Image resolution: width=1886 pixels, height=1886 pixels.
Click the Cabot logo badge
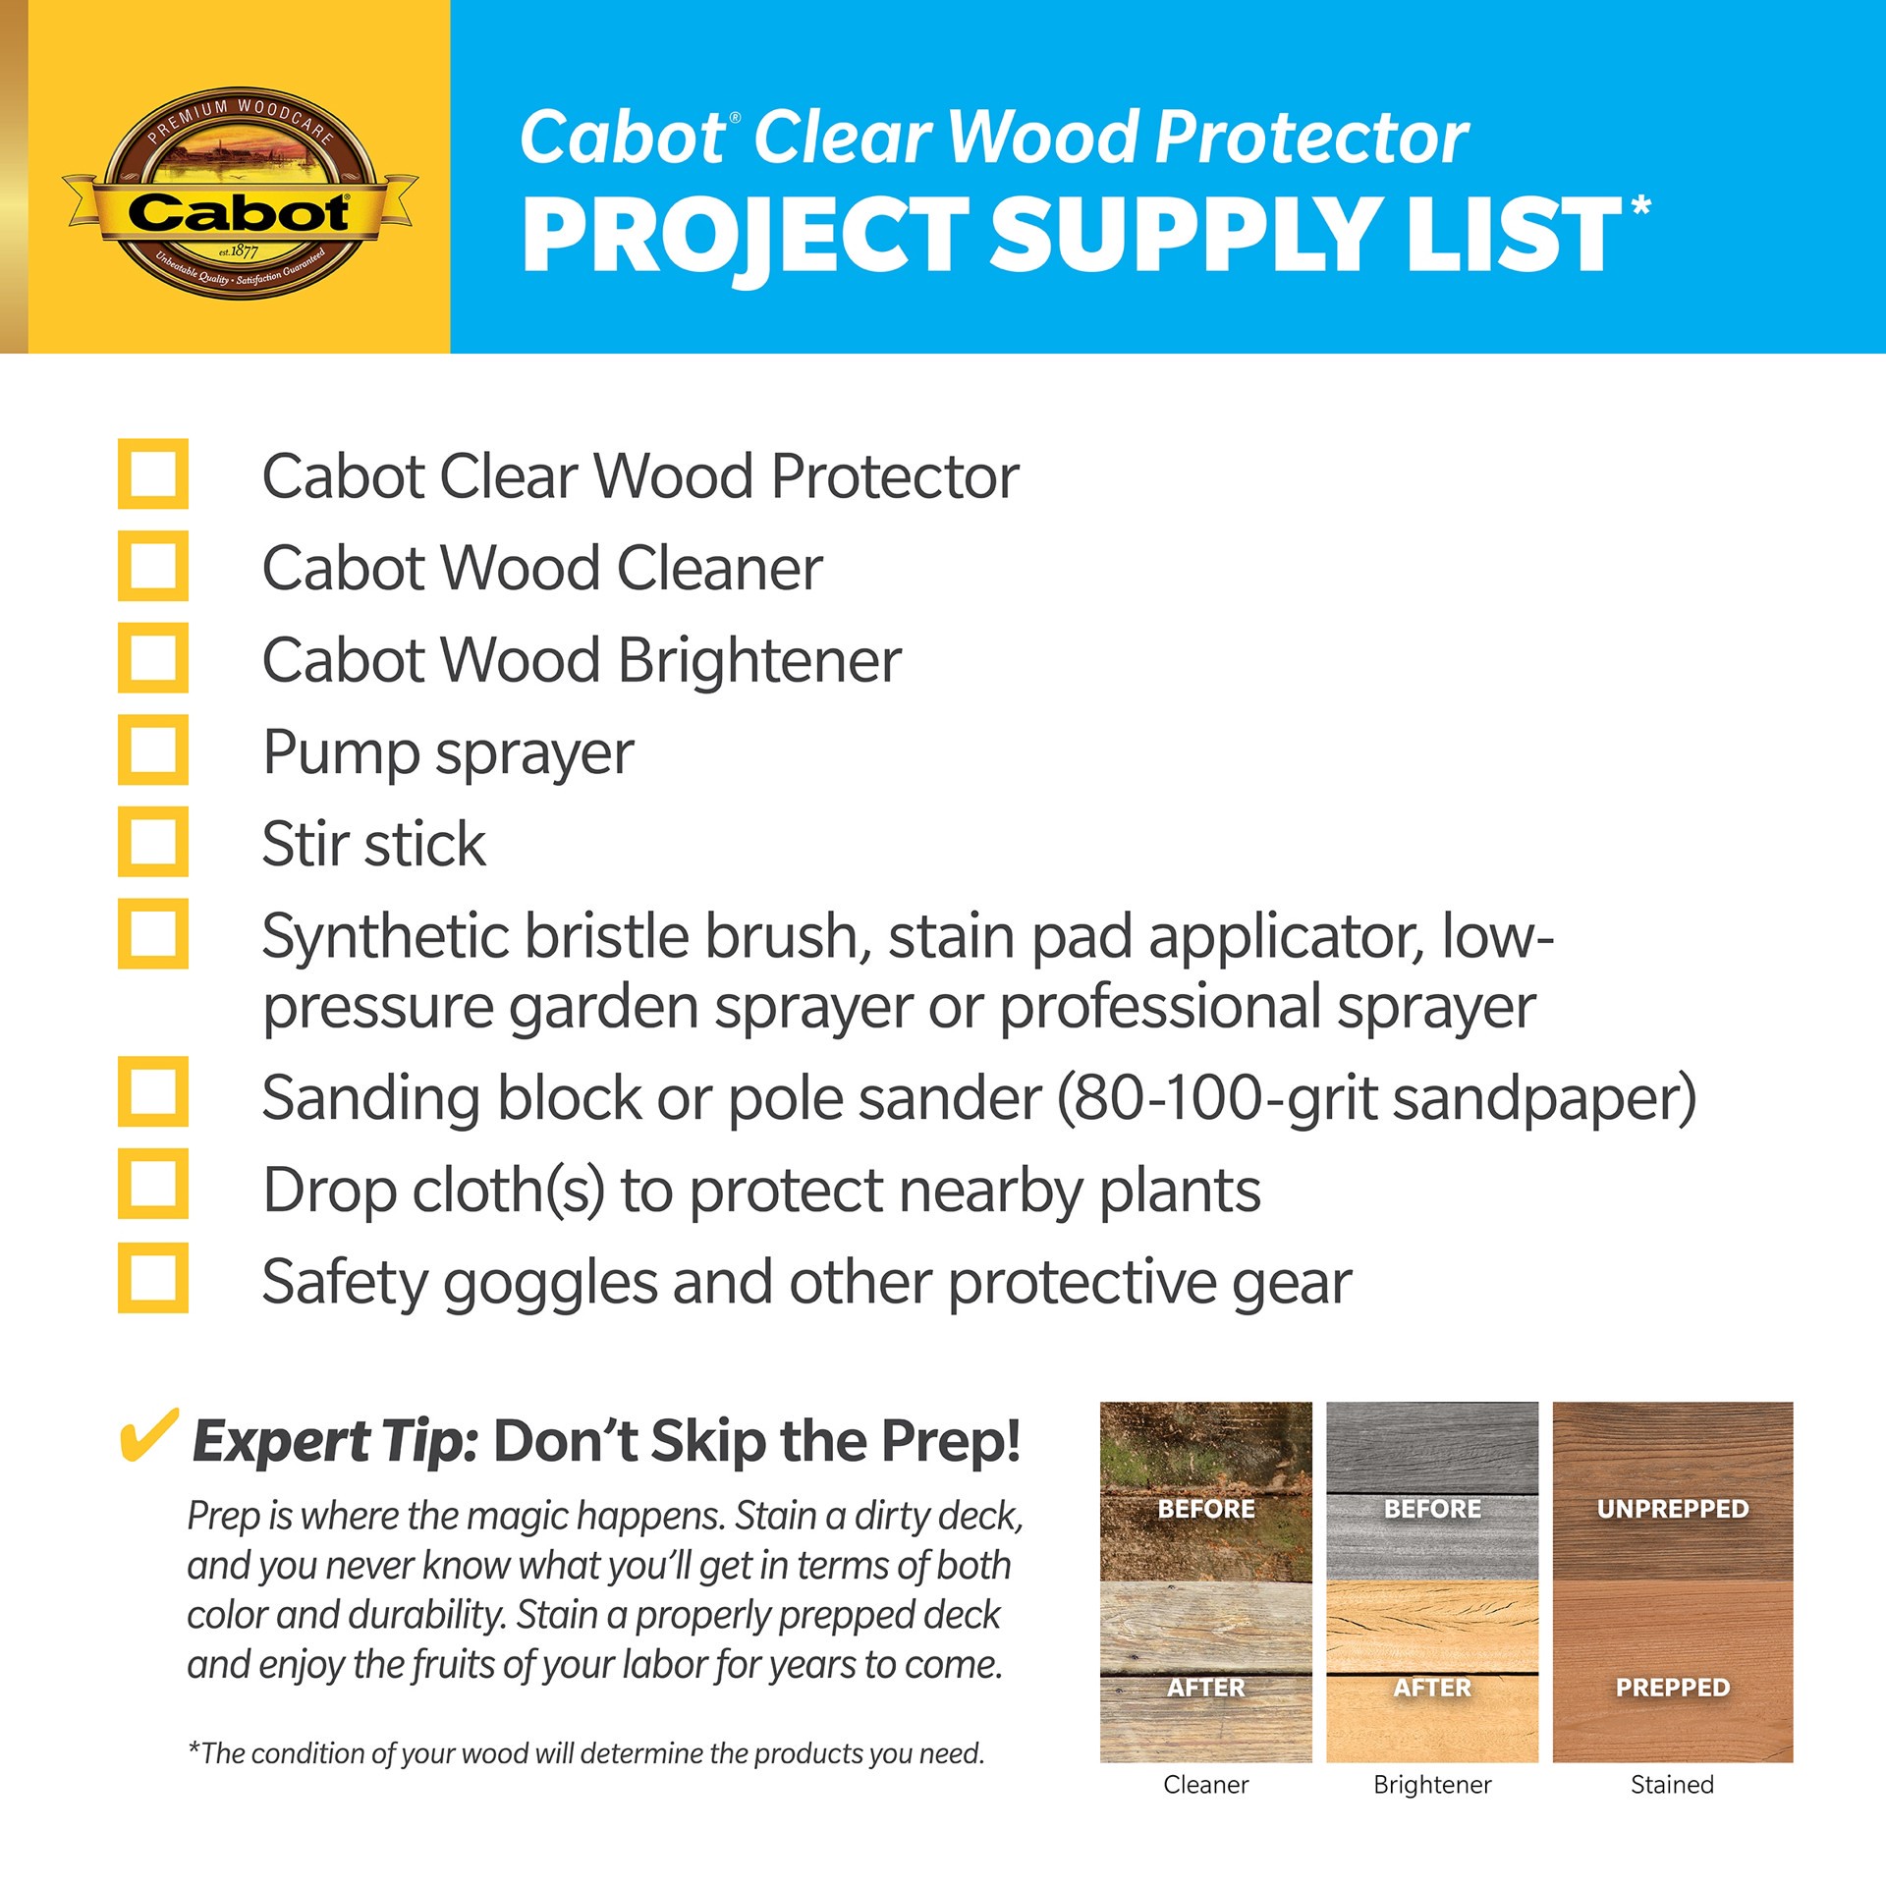click(x=239, y=193)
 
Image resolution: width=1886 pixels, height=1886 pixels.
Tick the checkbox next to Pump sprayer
click(x=153, y=749)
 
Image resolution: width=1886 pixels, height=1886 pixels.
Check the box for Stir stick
click(x=153, y=842)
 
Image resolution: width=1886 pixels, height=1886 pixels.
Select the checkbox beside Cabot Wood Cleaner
click(x=153, y=567)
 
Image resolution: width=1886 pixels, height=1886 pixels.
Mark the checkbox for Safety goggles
click(x=153, y=1278)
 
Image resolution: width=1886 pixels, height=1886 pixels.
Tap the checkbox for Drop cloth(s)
click(x=153, y=1184)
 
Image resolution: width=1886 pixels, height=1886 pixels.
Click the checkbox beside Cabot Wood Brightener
click(x=153, y=658)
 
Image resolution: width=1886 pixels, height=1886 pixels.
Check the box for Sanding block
click(x=153, y=1091)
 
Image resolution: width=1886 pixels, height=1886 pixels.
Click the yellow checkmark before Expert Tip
click(x=148, y=1436)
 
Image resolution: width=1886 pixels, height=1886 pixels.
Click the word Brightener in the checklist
click(x=759, y=660)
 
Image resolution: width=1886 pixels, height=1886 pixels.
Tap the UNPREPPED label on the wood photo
click(x=1672, y=1509)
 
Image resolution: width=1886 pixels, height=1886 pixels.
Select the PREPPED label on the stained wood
click(x=1672, y=1688)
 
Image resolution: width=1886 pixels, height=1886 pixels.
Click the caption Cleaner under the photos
click(x=1205, y=1785)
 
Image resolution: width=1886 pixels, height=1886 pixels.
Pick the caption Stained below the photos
click(x=1672, y=1785)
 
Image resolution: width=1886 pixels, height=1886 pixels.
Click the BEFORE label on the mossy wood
click(x=1205, y=1509)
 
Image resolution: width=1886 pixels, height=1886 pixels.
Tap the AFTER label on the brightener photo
click(x=1432, y=1688)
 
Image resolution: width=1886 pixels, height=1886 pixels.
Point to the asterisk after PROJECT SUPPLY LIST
click(x=1640, y=207)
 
